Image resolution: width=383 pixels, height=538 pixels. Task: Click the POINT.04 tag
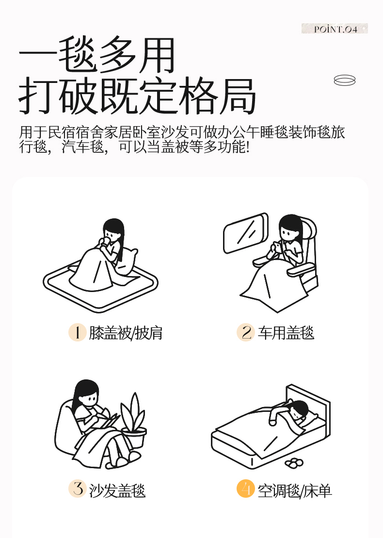pos(335,29)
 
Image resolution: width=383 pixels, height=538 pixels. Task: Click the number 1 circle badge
pos(78,332)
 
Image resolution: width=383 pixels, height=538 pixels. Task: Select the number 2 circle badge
pos(245,332)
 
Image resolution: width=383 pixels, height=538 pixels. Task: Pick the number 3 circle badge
pos(78,489)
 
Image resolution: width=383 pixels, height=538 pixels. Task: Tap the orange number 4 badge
pos(245,489)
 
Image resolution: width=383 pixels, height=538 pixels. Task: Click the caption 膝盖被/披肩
pos(126,333)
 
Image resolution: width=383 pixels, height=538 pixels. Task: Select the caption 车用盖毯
pos(286,332)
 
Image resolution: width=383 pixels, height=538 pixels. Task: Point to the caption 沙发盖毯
pos(117,490)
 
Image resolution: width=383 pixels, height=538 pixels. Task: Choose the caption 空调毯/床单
pos(295,490)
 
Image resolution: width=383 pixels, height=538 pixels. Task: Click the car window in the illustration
pos(245,233)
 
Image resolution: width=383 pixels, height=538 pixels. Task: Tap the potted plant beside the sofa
pos(134,421)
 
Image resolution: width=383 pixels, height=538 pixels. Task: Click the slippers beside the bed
pos(294,463)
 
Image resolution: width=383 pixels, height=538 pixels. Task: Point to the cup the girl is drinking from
pos(107,241)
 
